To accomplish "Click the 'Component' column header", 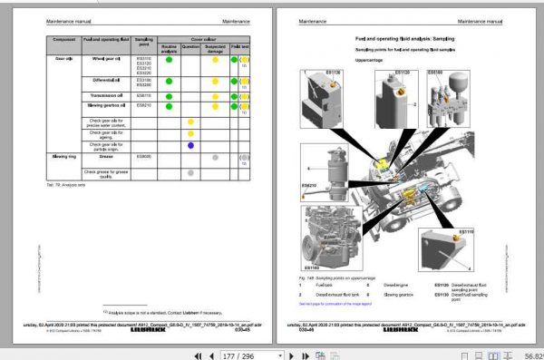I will [63, 41].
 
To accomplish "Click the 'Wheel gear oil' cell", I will [107, 58].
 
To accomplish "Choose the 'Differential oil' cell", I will [107, 81].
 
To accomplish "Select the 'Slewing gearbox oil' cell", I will [107, 105].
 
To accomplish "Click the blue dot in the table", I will [190, 145].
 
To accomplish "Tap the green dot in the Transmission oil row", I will [168, 94].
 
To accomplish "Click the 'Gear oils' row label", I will [63, 58].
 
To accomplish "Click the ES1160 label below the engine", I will [311, 268].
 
